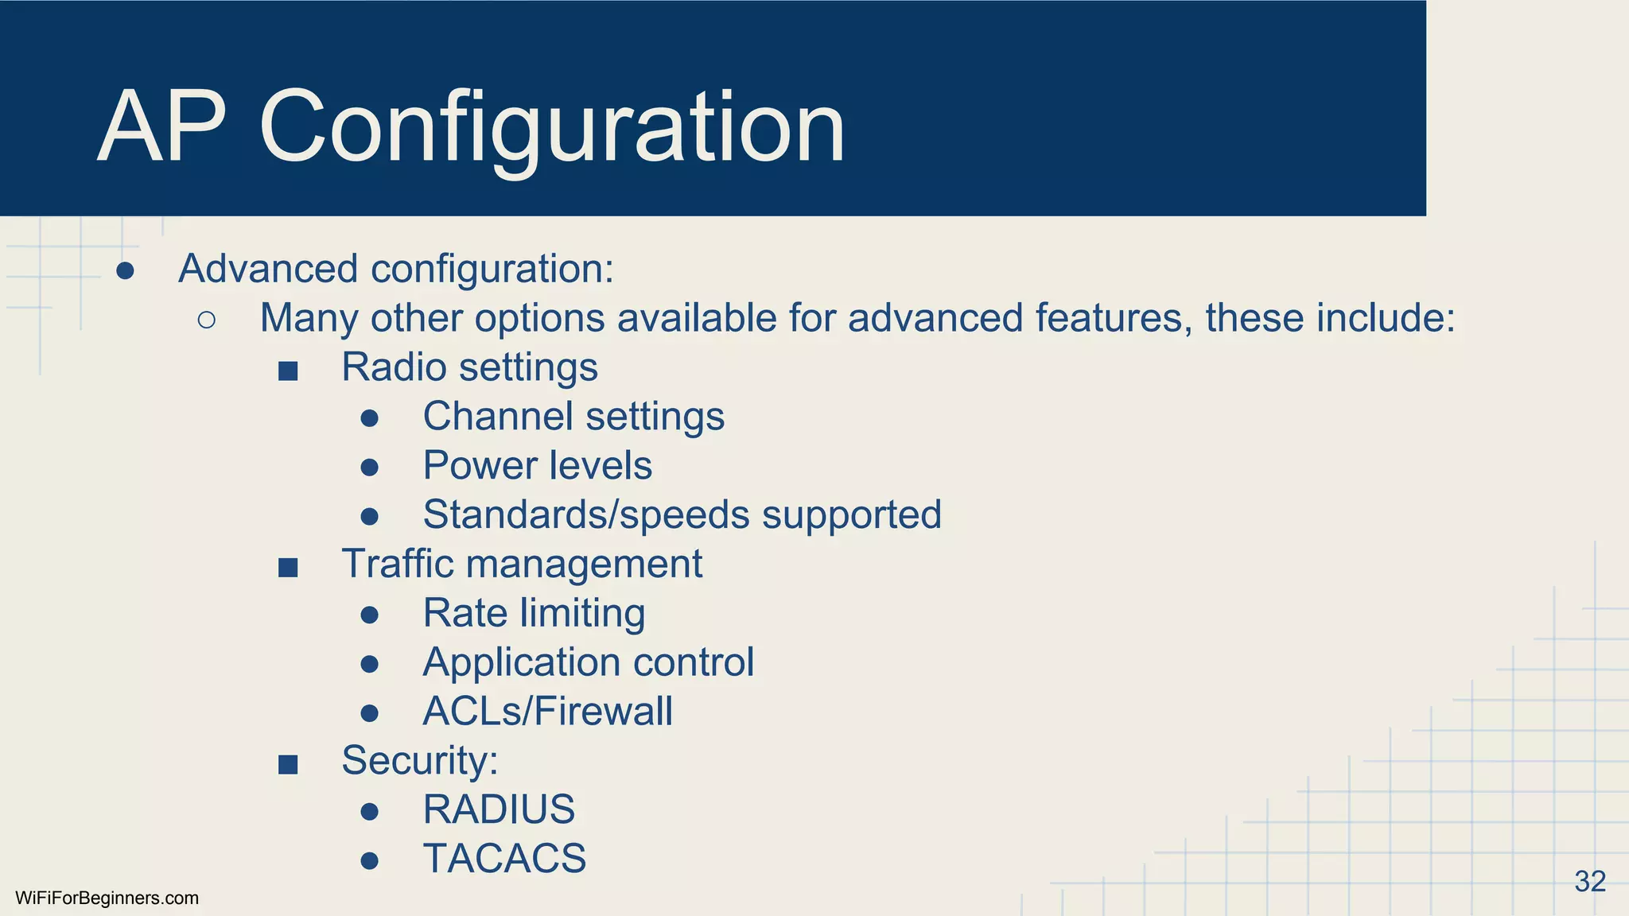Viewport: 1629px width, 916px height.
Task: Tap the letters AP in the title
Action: pos(162,127)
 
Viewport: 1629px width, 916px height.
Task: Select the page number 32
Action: pos(1589,881)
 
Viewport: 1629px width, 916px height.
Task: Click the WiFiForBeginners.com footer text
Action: pos(107,899)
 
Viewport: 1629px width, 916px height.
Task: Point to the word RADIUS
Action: pos(499,809)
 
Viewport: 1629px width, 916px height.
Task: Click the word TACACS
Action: pos(504,859)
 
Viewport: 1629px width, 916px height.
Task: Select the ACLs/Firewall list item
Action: pos(547,711)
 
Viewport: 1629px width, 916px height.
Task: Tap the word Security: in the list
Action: pos(419,760)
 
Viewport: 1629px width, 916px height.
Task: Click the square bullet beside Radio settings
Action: pos(288,371)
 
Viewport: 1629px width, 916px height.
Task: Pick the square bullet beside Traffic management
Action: pos(288,567)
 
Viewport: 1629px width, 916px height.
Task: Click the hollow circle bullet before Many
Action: pos(207,320)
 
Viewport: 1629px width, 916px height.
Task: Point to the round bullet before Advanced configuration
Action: pos(125,271)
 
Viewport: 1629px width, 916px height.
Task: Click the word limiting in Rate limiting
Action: pos(582,614)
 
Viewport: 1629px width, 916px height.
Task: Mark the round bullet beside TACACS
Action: pos(369,860)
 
